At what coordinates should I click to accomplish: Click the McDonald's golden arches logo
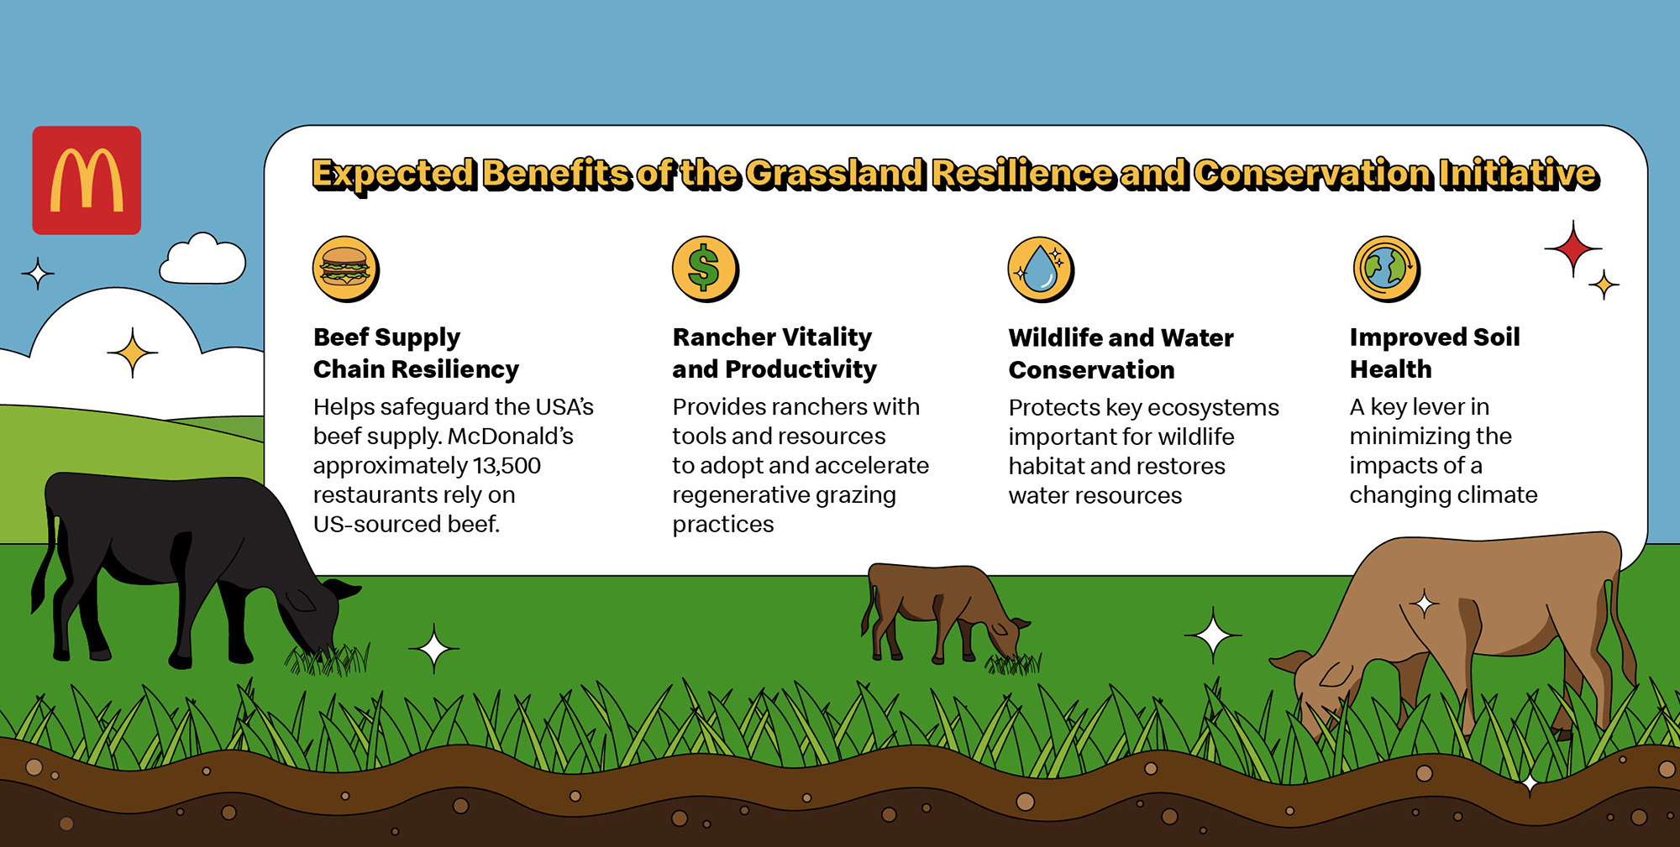(x=87, y=180)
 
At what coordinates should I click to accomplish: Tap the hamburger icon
(x=344, y=268)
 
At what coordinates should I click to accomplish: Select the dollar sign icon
(x=704, y=268)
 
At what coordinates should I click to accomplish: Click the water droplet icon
(x=1039, y=268)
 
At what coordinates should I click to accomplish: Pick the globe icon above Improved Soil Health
(x=1385, y=268)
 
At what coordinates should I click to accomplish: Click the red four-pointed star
(x=1572, y=248)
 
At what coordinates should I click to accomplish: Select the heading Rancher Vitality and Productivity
(x=774, y=353)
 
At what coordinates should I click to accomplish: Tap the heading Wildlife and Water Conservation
(x=1120, y=353)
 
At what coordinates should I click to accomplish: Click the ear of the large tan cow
(x=1289, y=663)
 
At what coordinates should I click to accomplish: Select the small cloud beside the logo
(x=202, y=260)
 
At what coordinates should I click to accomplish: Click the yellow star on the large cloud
(x=133, y=353)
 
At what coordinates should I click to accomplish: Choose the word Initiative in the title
(x=1517, y=174)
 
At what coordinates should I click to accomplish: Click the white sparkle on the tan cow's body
(x=1424, y=604)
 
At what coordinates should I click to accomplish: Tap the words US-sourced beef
(x=406, y=525)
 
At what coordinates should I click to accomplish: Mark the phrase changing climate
(x=1442, y=495)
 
